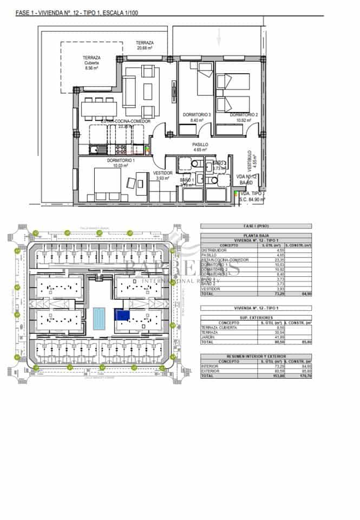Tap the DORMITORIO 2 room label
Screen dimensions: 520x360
click(x=244, y=115)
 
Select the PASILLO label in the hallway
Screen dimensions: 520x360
click(x=200, y=145)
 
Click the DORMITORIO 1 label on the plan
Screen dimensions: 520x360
click(x=121, y=161)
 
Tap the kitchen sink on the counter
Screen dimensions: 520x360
click(x=95, y=148)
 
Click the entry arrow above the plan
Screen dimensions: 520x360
click(x=219, y=37)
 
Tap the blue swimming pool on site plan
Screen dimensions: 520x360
click(x=99, y=318)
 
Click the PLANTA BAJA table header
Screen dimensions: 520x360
click(x=256, y=235)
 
